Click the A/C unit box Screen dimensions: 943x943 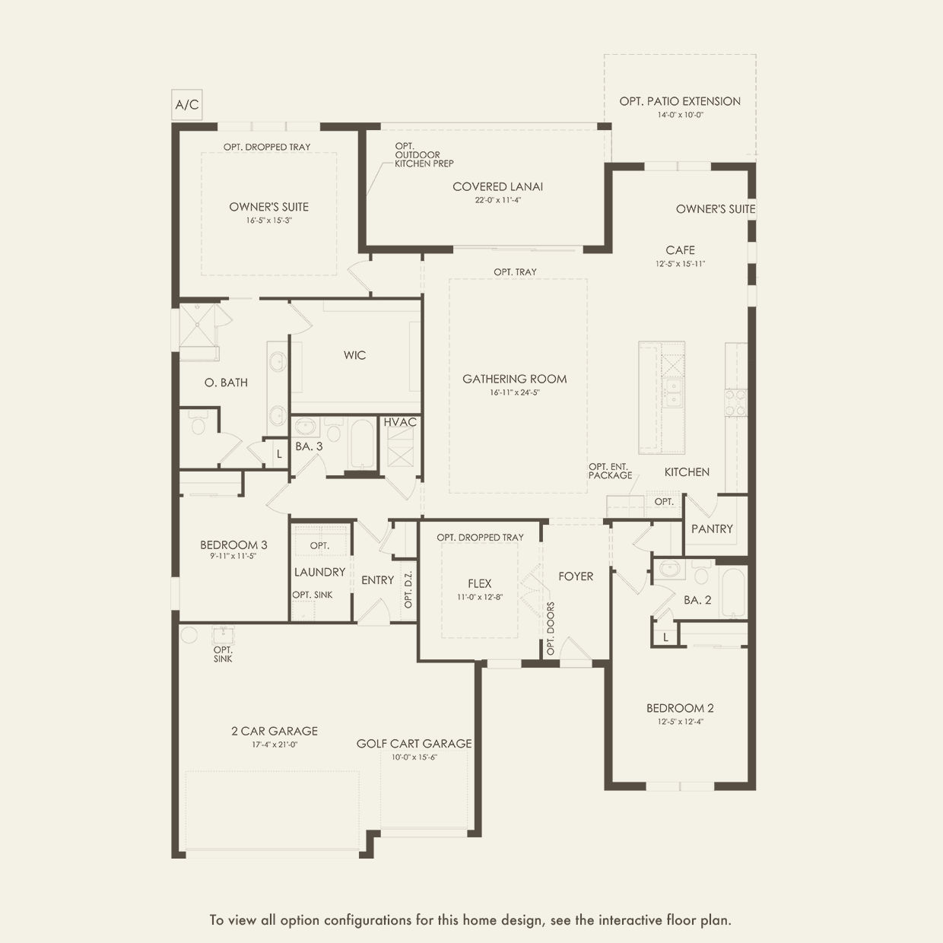coord(186,105)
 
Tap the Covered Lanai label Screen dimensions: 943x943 coord(497,186)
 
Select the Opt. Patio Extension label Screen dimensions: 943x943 coord(679,101)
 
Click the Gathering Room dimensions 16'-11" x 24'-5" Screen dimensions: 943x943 coord(514,393)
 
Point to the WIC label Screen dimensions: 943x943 coord(354,355)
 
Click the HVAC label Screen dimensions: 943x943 coord(400,422)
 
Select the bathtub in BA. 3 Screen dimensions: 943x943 coord(361,445)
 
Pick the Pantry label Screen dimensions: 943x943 coord(712,529)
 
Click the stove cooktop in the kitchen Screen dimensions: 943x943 coord(735,402)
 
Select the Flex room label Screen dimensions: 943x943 coord(479,583)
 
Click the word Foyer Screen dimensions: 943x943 coord(575,576)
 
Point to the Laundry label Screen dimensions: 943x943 coord(319,572)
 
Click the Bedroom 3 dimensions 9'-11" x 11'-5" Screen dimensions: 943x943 coord(233,556)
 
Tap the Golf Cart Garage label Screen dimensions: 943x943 coord(414,744)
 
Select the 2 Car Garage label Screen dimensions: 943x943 coord(275,731)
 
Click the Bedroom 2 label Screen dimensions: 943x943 coord(680,708)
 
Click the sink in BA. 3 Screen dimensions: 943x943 coord(306,426)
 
